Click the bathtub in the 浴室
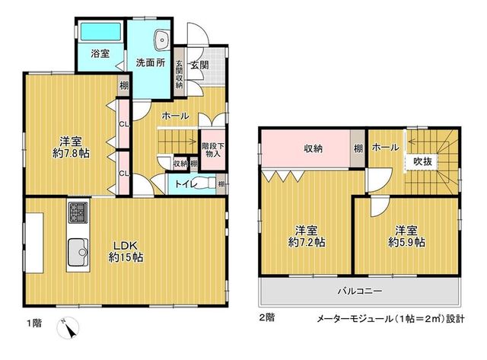(x=100, y=31)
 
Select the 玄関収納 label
(x=179, y=74)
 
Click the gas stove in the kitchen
(x=78, y=212)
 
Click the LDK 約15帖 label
(x=126, y=251)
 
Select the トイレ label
(x=186, y=184)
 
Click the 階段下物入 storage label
(x=213, y=150)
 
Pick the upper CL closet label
(x=124, y=124)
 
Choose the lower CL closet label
(x=124, y=174)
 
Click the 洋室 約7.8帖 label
(x=71, y=148)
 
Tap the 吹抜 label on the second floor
(x=423, y=162)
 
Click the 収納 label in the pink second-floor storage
(x=313, y=148)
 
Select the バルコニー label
(x=360, y=292)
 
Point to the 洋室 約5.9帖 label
(x=406, y=237)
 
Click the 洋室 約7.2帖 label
(x=307, y=237)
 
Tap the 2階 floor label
(x=267, y=317)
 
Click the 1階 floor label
(x=33, y=323)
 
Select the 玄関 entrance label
(x=199, y=65)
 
